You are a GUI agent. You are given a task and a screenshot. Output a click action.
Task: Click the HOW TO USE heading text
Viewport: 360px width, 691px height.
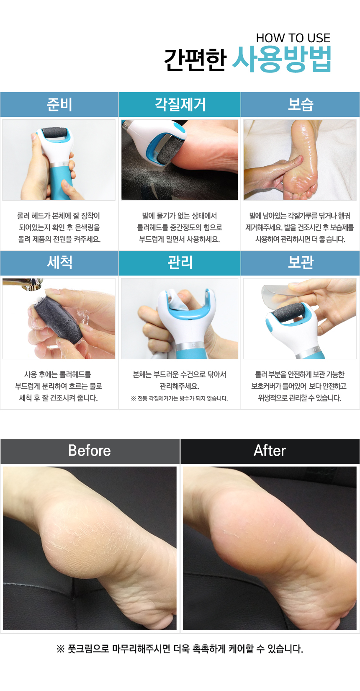(x=293, y=38)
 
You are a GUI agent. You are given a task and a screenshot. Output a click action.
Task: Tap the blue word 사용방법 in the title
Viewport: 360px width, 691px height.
(x=282, y=59)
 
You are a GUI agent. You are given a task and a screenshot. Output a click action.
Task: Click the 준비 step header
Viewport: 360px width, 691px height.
(x=59, y=104)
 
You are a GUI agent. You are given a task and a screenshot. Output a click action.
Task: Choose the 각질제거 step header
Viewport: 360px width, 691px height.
(x=180, y=104)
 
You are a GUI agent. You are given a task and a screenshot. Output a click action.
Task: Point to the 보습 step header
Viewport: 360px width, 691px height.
(x=300, y=104)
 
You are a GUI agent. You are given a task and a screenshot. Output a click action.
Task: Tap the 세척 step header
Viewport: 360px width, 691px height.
(x=59, y=263)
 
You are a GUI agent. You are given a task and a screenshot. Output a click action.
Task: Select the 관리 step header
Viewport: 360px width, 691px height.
(x=180, y=263)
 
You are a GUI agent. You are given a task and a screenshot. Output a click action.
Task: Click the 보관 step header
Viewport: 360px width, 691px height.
(x=300, y=263)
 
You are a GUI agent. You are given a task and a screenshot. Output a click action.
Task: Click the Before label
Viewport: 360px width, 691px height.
(x=90, y=451)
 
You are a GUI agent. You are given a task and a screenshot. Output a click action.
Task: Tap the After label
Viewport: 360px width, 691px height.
(x=270, y=451)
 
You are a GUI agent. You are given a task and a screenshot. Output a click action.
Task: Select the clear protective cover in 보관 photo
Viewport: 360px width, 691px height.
(x=278, y=297)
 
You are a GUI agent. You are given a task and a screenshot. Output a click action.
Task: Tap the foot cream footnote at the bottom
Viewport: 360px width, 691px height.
(x=180, y=649)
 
